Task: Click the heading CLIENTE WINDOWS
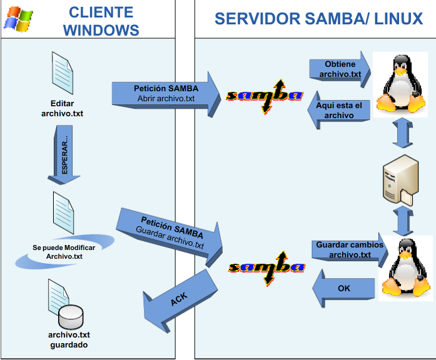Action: click(101, 21)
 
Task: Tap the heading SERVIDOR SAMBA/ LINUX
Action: click(318, 19)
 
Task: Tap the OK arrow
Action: click(343, 289)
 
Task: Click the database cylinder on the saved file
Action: click(70, 317)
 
